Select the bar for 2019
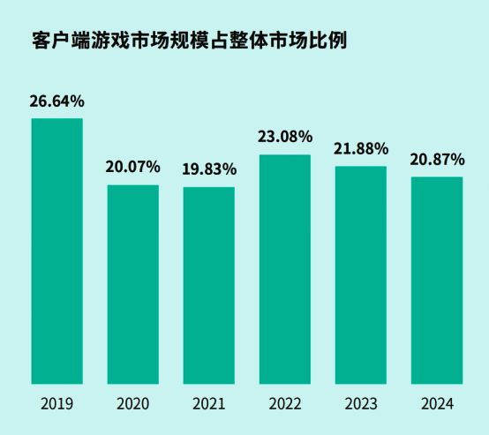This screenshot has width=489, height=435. [x=57, y=251]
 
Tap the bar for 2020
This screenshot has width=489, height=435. [x=133, y=285]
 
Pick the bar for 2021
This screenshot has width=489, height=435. [x=209, y=286]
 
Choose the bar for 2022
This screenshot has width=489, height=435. [x=285, y=270]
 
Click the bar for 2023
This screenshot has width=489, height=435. [x=361, y=275]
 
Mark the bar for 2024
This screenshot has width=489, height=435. [x=437, y=281]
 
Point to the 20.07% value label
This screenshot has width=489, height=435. [x=133, y=167]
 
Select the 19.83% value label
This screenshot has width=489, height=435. [x=209, y=169]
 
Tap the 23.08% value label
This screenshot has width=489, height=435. [x=285, y=137]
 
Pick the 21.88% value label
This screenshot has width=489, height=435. [x=361, y=148]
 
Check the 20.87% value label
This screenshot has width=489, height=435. [x=437, y=159]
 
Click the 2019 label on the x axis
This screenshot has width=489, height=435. [x=57, y=404]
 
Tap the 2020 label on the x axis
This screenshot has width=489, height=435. [x=133, y=404]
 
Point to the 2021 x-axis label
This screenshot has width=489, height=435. [x=209, y=404]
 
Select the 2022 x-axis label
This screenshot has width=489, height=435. [x=285, y=404]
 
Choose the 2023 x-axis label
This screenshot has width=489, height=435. [x=361, y=404]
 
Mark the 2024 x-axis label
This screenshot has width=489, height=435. [x=437, y=404]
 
